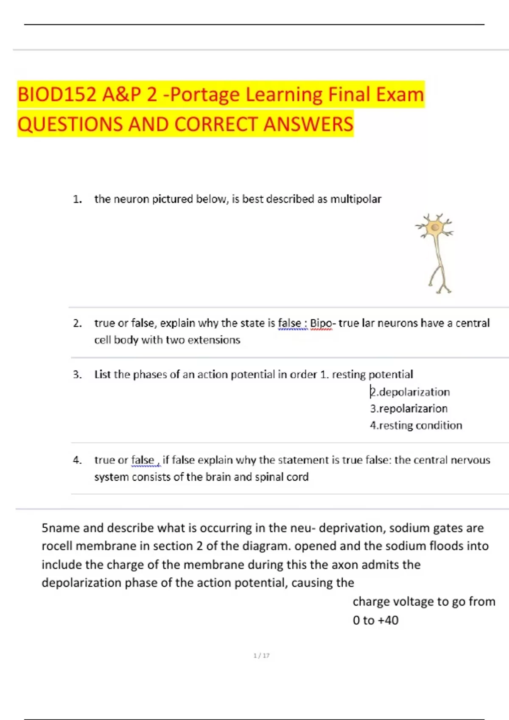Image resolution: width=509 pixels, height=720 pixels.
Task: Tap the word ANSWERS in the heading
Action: click(x=308, y=125)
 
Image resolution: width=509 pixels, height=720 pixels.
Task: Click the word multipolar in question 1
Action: click(x=355, y=199)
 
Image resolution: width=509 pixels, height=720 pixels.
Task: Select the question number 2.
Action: click(x=77, y=323)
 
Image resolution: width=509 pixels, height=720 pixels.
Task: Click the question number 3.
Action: click(x=77, y=374)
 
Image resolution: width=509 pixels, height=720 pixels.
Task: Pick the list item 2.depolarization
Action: click(x=410, y=392)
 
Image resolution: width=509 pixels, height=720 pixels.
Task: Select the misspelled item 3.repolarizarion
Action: click(x=409, y=409)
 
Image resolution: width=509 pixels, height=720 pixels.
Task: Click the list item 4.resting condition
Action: click(x=416, y=425)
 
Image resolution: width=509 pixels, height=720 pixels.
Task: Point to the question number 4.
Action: click(x=77, y=460)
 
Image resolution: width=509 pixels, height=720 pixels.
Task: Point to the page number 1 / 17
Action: click(x=261, y=656)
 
